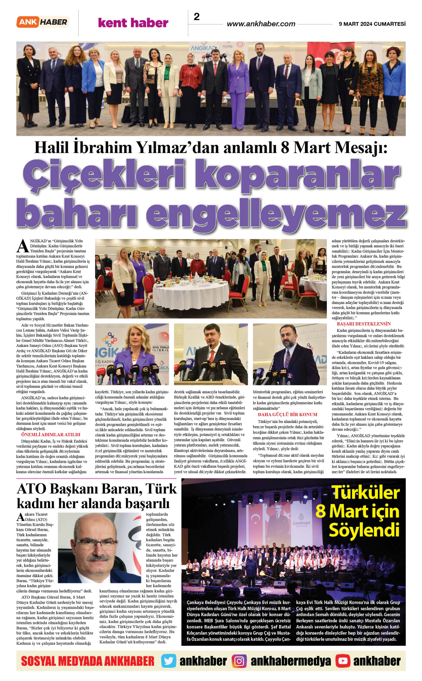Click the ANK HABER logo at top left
pyautogui.click(x=43, y=22)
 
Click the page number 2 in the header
pyautogui.click(x=197, y=16)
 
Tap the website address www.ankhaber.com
pyautogui.click(x=261, y=24)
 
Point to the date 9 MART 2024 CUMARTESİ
pyautogui.click(x=372, y=24)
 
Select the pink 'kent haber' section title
pyautogui.click(x=133, y=23)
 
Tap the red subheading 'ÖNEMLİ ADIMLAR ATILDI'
pyautogui.click(x=51, y=434)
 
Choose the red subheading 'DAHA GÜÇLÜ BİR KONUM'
pyautogui.click(x=287, y=414)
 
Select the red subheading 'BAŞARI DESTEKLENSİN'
pyautogui.click(x=364, y=324)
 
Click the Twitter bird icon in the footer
pyautogui.click(x=168, y=661)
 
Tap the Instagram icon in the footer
pyautogui.click(x=239, y=661)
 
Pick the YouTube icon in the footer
pyautogui.click(x=343, y=661)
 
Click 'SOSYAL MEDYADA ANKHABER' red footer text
pyautogui.click(x=88, y=661)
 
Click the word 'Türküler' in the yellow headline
pyautogui.click(x=365, y=492)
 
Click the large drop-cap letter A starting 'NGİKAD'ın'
pyautogui.click(x=23, y=246)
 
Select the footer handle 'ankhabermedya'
pyautogui.click(x=291, y=661)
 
